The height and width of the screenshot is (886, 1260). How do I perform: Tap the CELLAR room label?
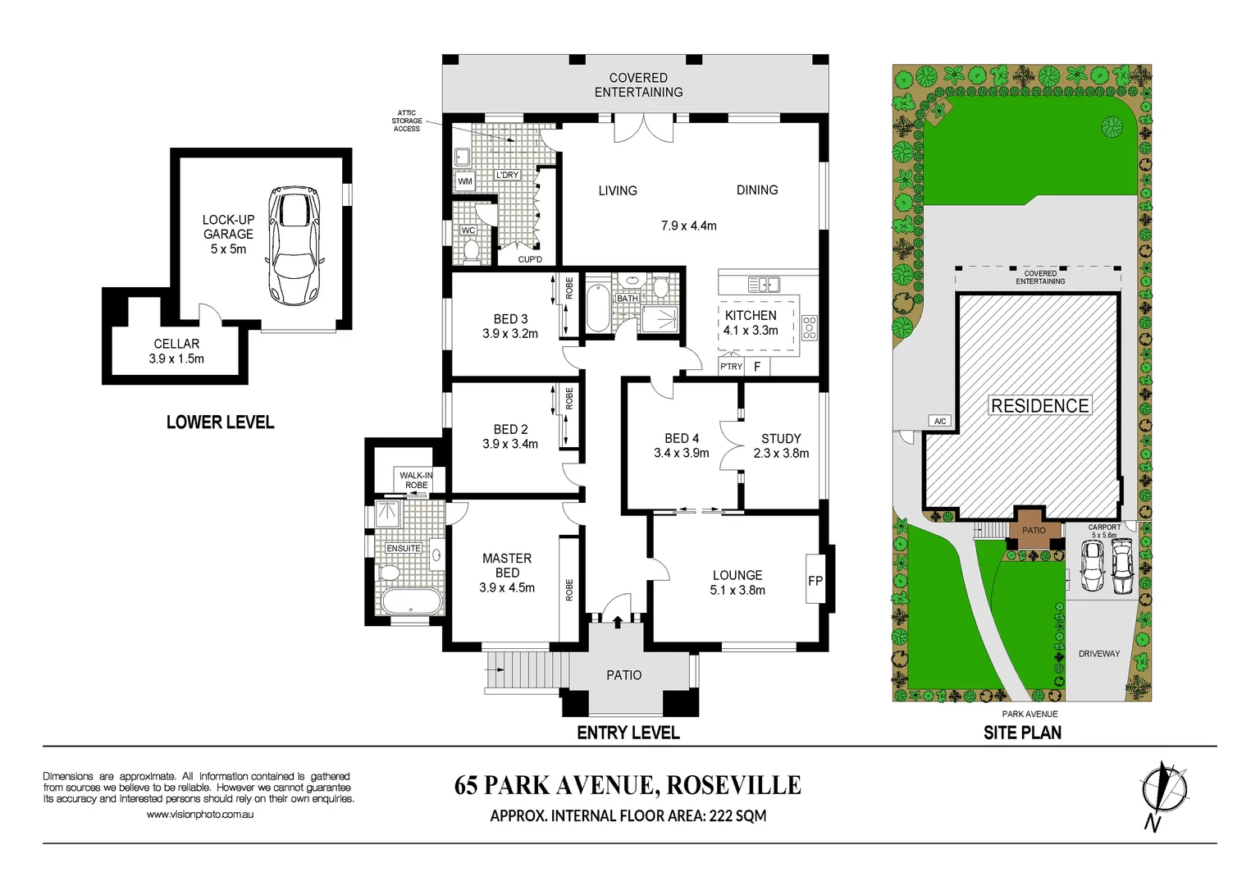point(176,344)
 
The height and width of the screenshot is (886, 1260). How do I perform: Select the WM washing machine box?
point(465,181)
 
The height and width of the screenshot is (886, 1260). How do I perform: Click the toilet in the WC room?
point(471,251)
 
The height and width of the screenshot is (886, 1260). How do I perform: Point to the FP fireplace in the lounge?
point(815,581)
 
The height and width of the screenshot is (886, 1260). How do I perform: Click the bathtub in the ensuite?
point(411,601)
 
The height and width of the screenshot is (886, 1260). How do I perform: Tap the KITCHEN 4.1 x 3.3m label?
point(751,322)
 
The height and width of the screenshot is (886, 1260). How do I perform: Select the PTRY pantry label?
point(731,367)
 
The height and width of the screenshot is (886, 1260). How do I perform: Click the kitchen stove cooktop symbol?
point(810,327)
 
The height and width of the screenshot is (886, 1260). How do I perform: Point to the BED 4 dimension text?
point(681,453)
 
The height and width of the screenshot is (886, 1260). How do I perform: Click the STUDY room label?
point(781,439)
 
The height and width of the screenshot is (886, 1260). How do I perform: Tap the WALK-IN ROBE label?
point(416,480)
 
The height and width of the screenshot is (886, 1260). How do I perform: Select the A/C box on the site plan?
point(940,421)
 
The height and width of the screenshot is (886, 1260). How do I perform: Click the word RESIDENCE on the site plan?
point(1040,406)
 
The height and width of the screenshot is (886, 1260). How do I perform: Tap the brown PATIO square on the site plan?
point(1034,531)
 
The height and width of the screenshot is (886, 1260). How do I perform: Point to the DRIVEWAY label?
point(1098,654)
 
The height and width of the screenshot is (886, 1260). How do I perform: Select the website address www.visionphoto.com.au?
point(200,815)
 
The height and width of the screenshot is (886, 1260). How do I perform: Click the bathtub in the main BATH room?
point(598,308)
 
